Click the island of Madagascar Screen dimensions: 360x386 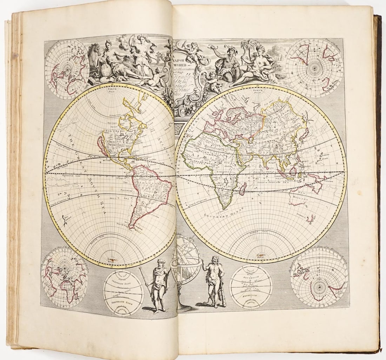click(x=243, y=191)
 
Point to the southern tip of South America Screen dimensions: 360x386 click(x=132, y=227)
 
